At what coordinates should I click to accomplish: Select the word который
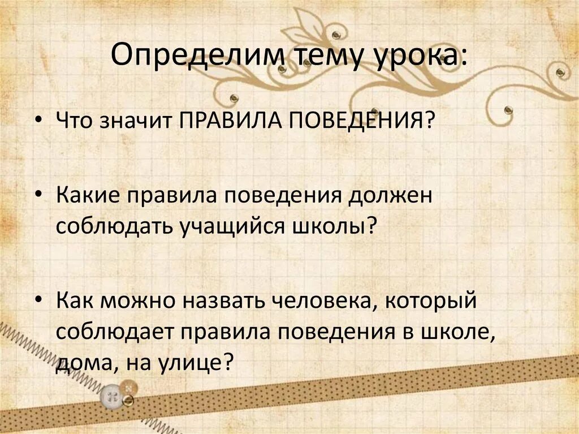433,302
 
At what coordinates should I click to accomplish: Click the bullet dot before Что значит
38,121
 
